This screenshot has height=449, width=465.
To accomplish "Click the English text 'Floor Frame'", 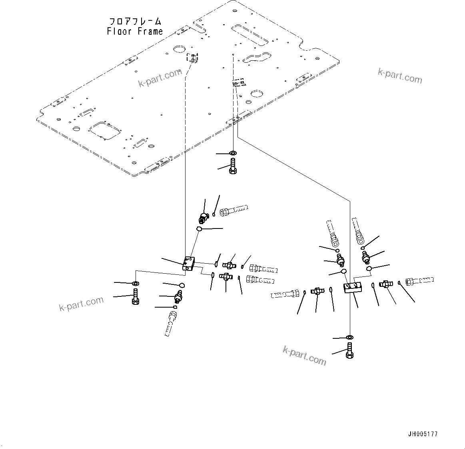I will pos(135,31).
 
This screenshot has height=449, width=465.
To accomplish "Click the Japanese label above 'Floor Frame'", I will pos(136,21).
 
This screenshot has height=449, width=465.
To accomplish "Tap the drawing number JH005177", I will pos(423,434).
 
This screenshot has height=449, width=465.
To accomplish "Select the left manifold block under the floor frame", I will pos(188,264).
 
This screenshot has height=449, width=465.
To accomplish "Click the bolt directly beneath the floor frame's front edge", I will pos(233,166).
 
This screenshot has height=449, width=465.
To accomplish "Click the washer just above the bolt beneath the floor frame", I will pos(233,153).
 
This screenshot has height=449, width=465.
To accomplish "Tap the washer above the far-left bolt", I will pos(136,284).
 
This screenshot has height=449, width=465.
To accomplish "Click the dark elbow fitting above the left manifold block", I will pos(204,218).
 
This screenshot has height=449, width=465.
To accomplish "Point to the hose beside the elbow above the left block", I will pos(234,209).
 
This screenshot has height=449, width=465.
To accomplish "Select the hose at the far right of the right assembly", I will pos(420,281).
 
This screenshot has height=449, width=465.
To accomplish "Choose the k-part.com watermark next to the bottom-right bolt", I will pos(304,355).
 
